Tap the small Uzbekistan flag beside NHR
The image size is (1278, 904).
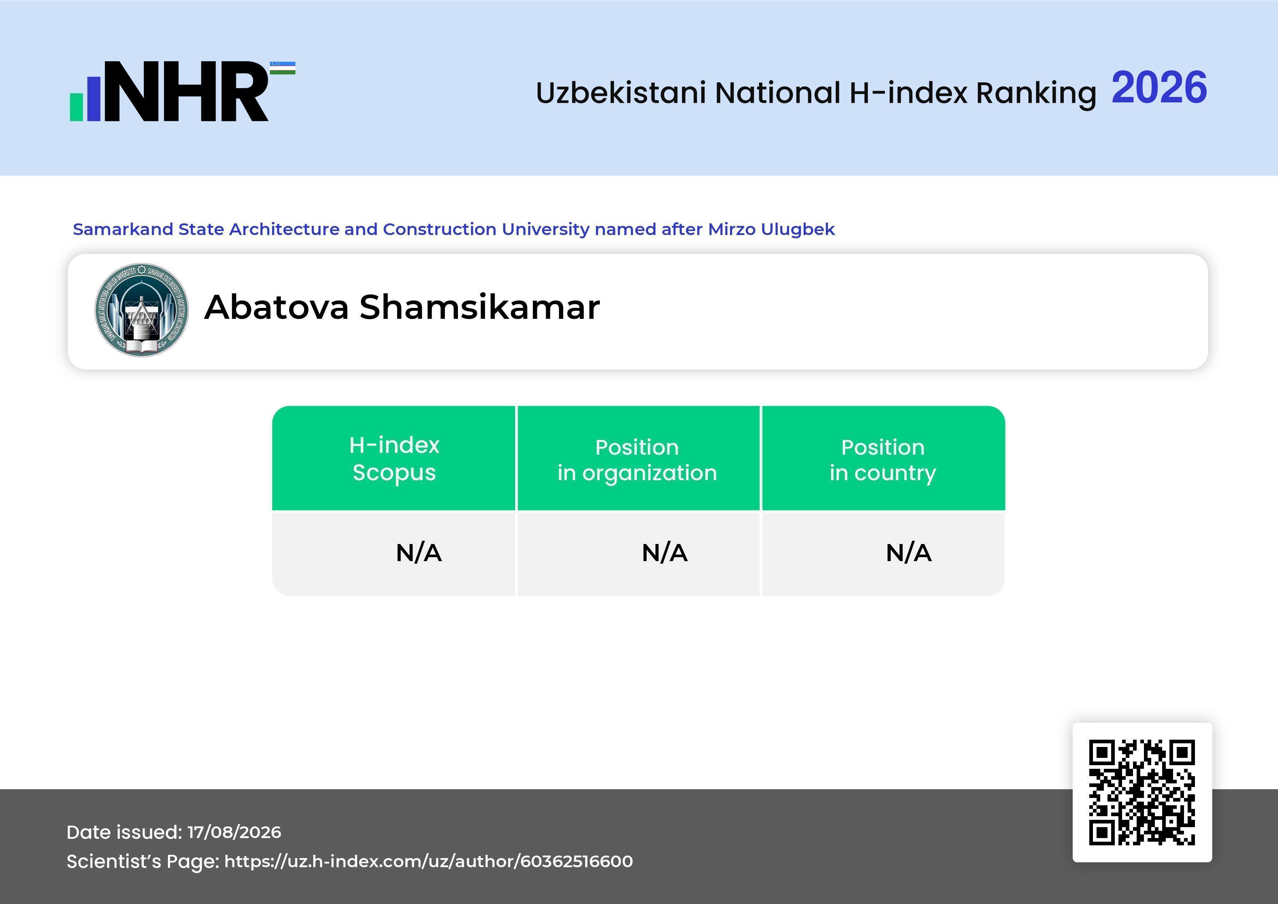click(283, 68)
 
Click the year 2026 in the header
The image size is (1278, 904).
click(1159, 87)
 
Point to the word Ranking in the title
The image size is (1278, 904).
click(1036, 93)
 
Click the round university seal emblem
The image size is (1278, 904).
click(141, 310)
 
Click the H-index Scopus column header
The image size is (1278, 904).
click(394, 459)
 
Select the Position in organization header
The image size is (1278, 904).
click(637, 460)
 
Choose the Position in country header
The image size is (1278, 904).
click(883, 460)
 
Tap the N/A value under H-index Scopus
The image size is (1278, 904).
click(419, 553)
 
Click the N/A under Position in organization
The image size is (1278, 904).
click(665, 553)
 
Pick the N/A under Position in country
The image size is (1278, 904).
click(908, 553)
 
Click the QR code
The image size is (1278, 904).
click(1142, 792)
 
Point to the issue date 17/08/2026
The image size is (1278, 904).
click(234, 832)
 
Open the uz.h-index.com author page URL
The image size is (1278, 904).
click(428, 861)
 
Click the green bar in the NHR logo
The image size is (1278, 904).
click(76, 106)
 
